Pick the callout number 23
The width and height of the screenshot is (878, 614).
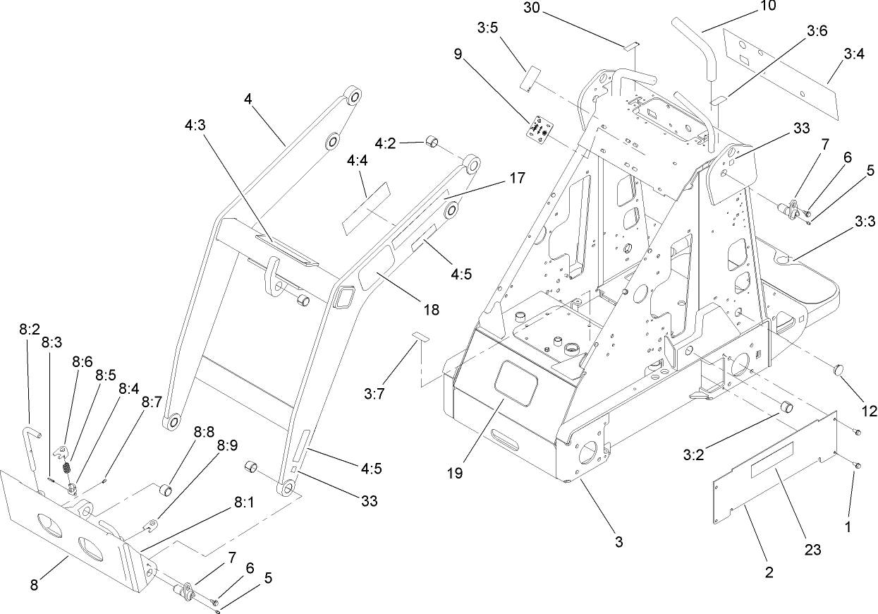coord(813,549)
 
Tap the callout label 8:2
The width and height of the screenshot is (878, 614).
coord(29,329)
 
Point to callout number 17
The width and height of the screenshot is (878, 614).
coord(516,179)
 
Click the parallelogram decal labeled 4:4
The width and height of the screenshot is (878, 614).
coord(366,208)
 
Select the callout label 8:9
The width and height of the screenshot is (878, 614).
coord(227,445)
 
